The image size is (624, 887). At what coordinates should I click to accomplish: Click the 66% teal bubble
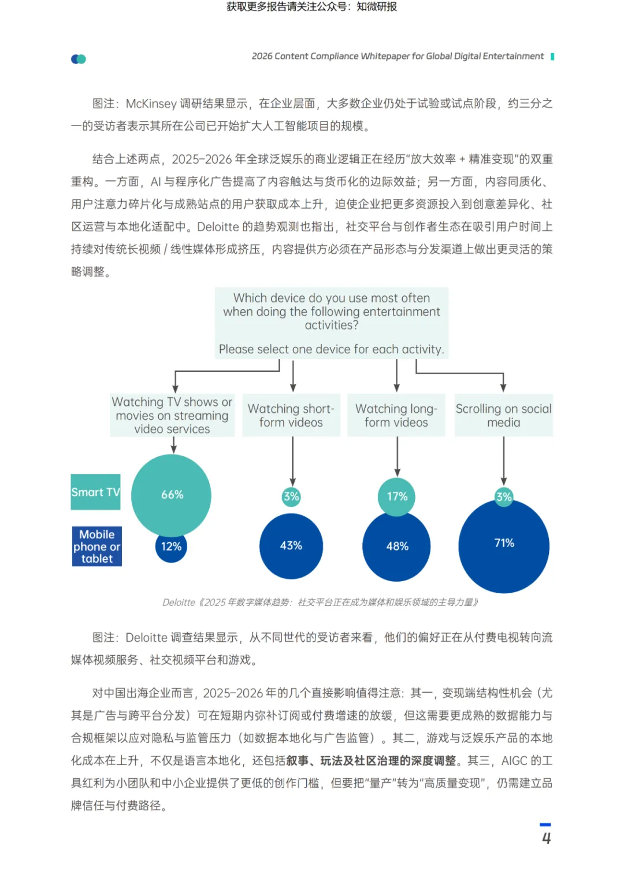click(x=171, y=494)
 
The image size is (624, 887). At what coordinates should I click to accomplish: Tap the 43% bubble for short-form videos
click(x=291, y=546)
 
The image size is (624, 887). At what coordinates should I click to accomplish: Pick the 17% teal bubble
click(x=397, y=496)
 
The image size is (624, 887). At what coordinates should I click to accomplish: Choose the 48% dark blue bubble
click(x=397, y=547)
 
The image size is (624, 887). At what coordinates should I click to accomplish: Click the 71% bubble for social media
click(x=504, y=546)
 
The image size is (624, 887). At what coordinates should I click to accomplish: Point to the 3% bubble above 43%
click(x=291, y=496)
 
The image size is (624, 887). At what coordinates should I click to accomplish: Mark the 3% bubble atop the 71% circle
click(x=504, y=496)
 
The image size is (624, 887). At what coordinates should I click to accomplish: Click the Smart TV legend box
click(x=96, y=492)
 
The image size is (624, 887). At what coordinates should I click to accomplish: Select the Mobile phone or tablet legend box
click(x=97, y=546)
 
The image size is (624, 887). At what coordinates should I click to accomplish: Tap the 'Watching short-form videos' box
click(x=291, y=415)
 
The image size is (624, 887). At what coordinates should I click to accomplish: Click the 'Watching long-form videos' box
click(x=396, y=415)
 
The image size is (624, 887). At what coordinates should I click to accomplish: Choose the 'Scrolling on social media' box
click(x=504, y=415)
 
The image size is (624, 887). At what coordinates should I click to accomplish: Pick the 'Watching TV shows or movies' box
click(x=172, y=415)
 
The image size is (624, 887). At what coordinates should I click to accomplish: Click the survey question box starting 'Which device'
click(x=332, y=323)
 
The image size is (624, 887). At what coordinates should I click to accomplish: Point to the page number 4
click(x=546, y=838)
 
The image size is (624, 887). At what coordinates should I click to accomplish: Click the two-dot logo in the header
click(x=79, y=59)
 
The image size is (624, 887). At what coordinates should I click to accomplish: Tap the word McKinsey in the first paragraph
click(x=151, y=104)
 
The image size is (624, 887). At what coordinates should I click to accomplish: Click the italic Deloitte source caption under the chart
click(x=321, y=603)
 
